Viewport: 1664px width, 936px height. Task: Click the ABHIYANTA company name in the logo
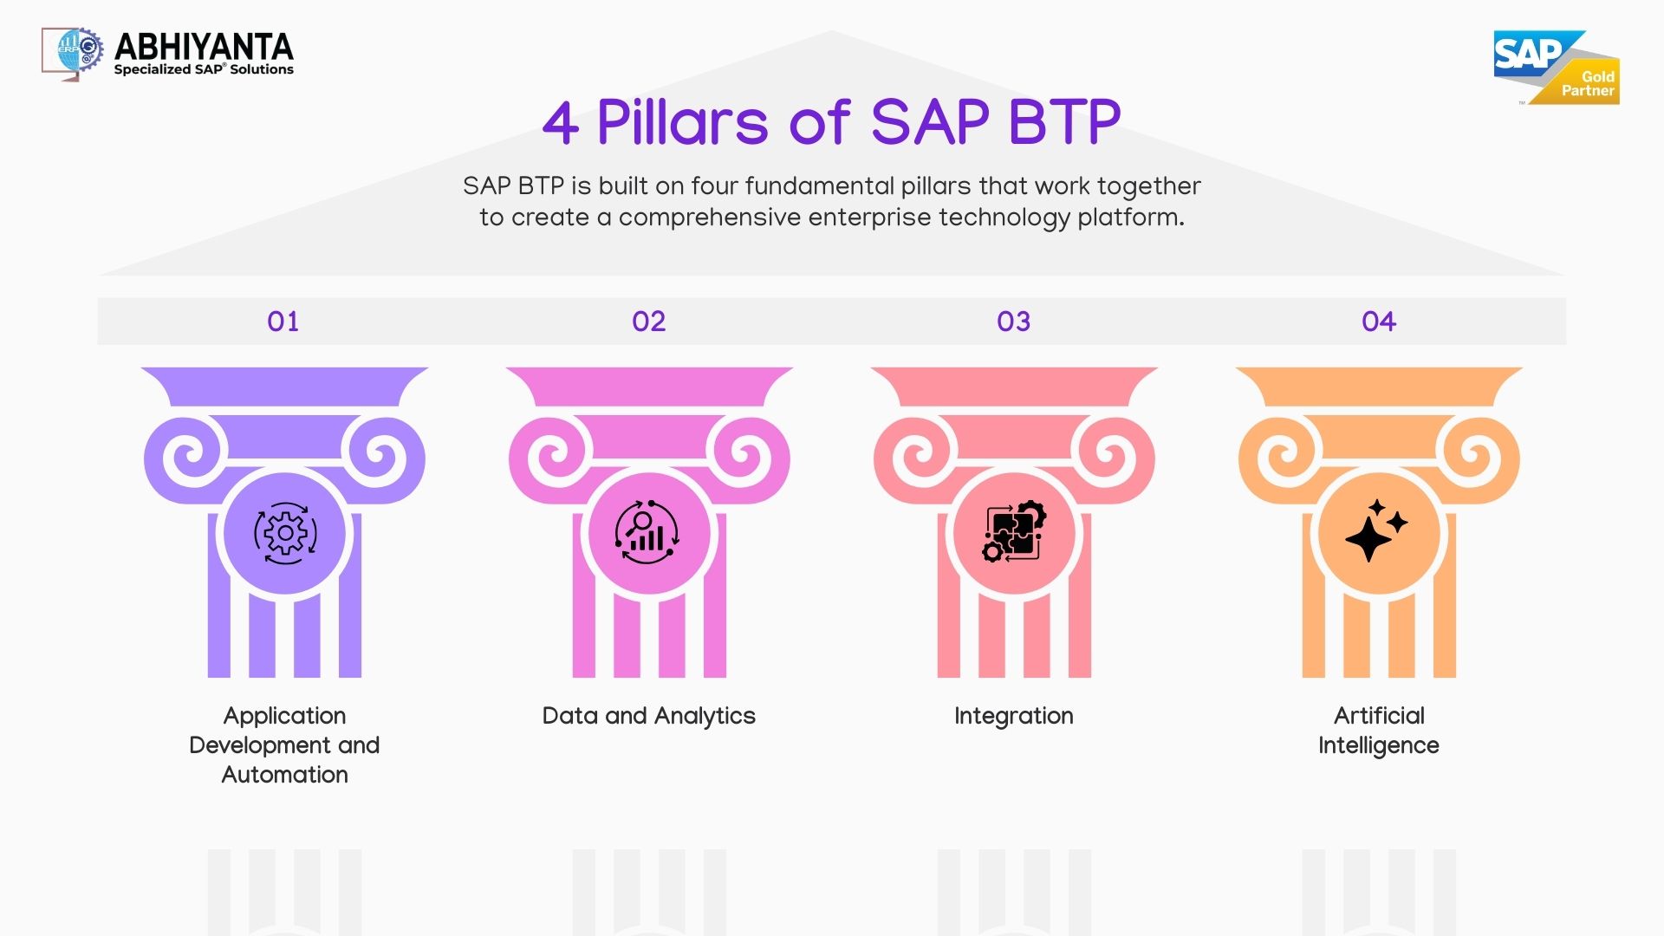click(x=204, y=46)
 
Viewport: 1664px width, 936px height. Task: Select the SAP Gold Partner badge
click(x=1556, y=68)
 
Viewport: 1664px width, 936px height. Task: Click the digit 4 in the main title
click(x=561, y=123)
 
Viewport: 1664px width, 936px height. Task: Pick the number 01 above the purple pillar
click(x=283, y=322)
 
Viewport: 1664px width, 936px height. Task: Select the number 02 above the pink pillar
click(x=649, y=322)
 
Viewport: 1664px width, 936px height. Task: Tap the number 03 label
click(x=1014, y=322)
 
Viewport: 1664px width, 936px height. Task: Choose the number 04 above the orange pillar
click(x=1379, y=322)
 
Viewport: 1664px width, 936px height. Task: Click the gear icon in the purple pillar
click(x=285, y=533)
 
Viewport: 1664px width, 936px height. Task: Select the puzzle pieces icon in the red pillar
click(x=1014, y=531)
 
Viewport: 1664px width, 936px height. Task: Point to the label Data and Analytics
click(x=648, y=716)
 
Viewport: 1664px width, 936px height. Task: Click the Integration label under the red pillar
click(x=1014, y=716)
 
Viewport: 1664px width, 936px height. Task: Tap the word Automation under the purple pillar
click(x=284, y=775)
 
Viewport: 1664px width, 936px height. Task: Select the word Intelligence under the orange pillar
click(x=1378, y=745)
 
